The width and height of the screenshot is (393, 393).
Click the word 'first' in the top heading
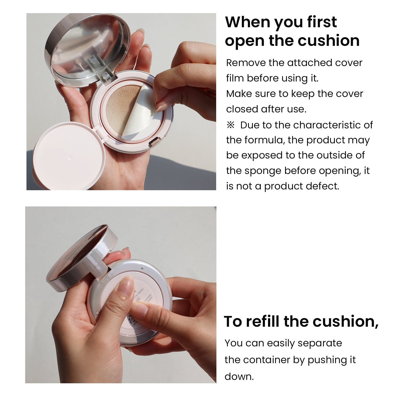click(x=322, y=22)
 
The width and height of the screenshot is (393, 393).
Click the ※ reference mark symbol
click(x=231, y=125)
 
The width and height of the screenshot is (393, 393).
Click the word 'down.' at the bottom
click(x=239, y=376)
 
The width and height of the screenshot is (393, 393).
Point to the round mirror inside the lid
click(x=86, y=47)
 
